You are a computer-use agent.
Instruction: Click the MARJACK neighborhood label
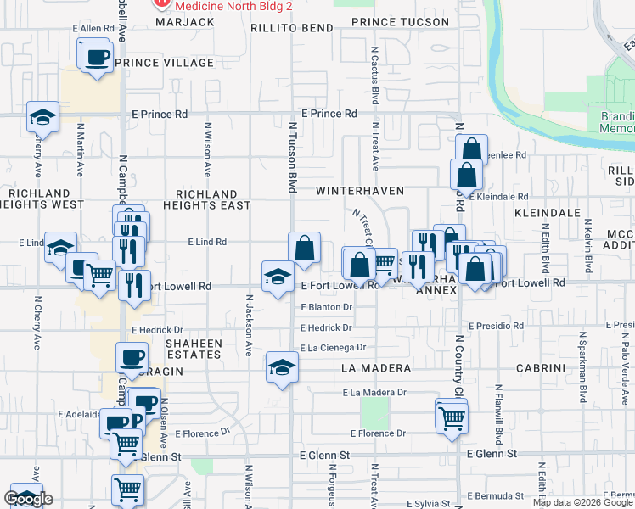pyautogui.click(x=185, y=21)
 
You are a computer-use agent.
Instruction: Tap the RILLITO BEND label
pyautogui.click(x=292, y=28)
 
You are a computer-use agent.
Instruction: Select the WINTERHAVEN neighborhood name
pyautogui.click(x=360, y=191)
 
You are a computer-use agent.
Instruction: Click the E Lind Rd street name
pyautogui.click(x=206, y=242)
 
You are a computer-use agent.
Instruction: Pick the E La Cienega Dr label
pyautogui.click(x=332, y=347)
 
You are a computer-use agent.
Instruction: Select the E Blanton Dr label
pyautogui.click(x=326, y=307)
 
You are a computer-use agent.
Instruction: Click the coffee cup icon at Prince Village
pyautogui.click(x=98, y=58)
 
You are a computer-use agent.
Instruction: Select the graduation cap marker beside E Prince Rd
pyautogui.click(x=42, y=118)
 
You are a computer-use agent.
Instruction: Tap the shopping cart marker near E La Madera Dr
pyautogui.click(x=452, y=416)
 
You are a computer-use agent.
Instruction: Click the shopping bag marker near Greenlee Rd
pyautogui.click(x=471, y=150)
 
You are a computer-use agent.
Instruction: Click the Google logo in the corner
pyautogui.click(x=28, y=499)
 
